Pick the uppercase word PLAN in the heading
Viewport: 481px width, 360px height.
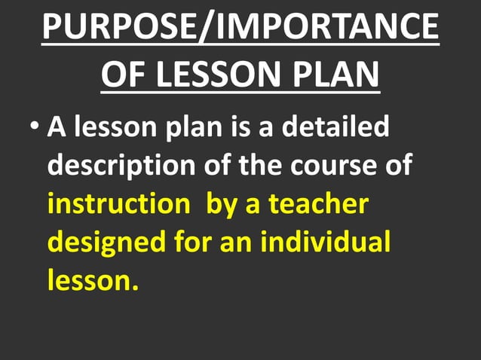click(x=339, y=76)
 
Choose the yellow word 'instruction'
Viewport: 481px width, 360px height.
click(x=118, y=203)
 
